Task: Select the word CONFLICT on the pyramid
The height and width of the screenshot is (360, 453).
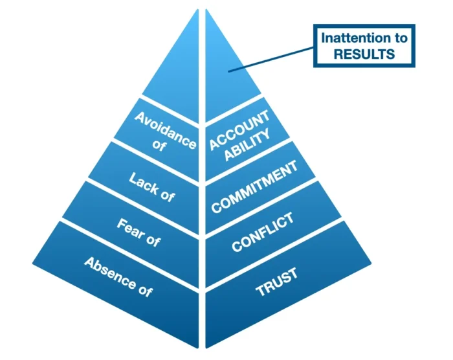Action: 263,232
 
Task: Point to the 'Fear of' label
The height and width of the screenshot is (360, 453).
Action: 138,232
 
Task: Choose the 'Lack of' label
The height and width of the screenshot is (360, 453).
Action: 151,188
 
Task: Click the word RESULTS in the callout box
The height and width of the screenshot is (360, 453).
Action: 364,54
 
